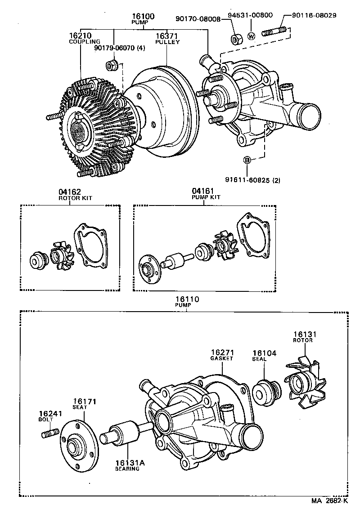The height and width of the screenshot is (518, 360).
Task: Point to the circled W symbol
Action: tap(251, 36)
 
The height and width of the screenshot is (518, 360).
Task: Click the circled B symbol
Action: tap(247, 160)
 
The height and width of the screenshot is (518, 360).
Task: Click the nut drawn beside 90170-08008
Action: tap(236, 38)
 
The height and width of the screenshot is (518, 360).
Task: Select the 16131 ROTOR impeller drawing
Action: tap(304, 385)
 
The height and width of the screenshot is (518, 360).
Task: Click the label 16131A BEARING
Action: tap(127, 465)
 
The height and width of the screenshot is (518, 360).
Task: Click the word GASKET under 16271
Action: tap(221, 358)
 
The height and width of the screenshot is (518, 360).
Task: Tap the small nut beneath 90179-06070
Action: tap(112, 65)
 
